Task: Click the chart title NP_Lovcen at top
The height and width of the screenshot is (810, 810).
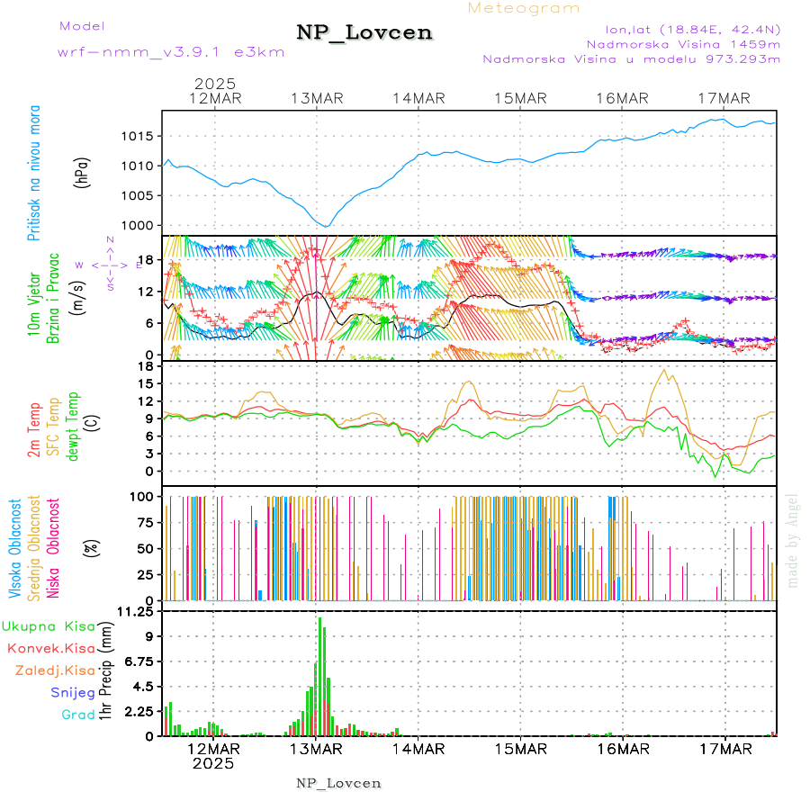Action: (364, 33)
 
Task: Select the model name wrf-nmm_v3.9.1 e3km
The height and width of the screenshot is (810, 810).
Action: (171, 52)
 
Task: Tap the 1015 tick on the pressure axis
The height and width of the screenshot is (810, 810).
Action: (139, 137)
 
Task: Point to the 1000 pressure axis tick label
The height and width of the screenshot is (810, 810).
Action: (139, 226)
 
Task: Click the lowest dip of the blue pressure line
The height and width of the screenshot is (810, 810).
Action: (327, 226)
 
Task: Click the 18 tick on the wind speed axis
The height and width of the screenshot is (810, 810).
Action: (148, 260)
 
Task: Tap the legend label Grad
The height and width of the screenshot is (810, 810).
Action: (77, 715)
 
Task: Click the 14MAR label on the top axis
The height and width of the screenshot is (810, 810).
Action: (418, 98)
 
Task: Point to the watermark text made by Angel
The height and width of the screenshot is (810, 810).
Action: (793, 540)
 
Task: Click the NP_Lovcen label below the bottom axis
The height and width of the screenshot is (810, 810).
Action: (338, 783)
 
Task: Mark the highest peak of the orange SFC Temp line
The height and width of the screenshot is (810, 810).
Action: (665, 369)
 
